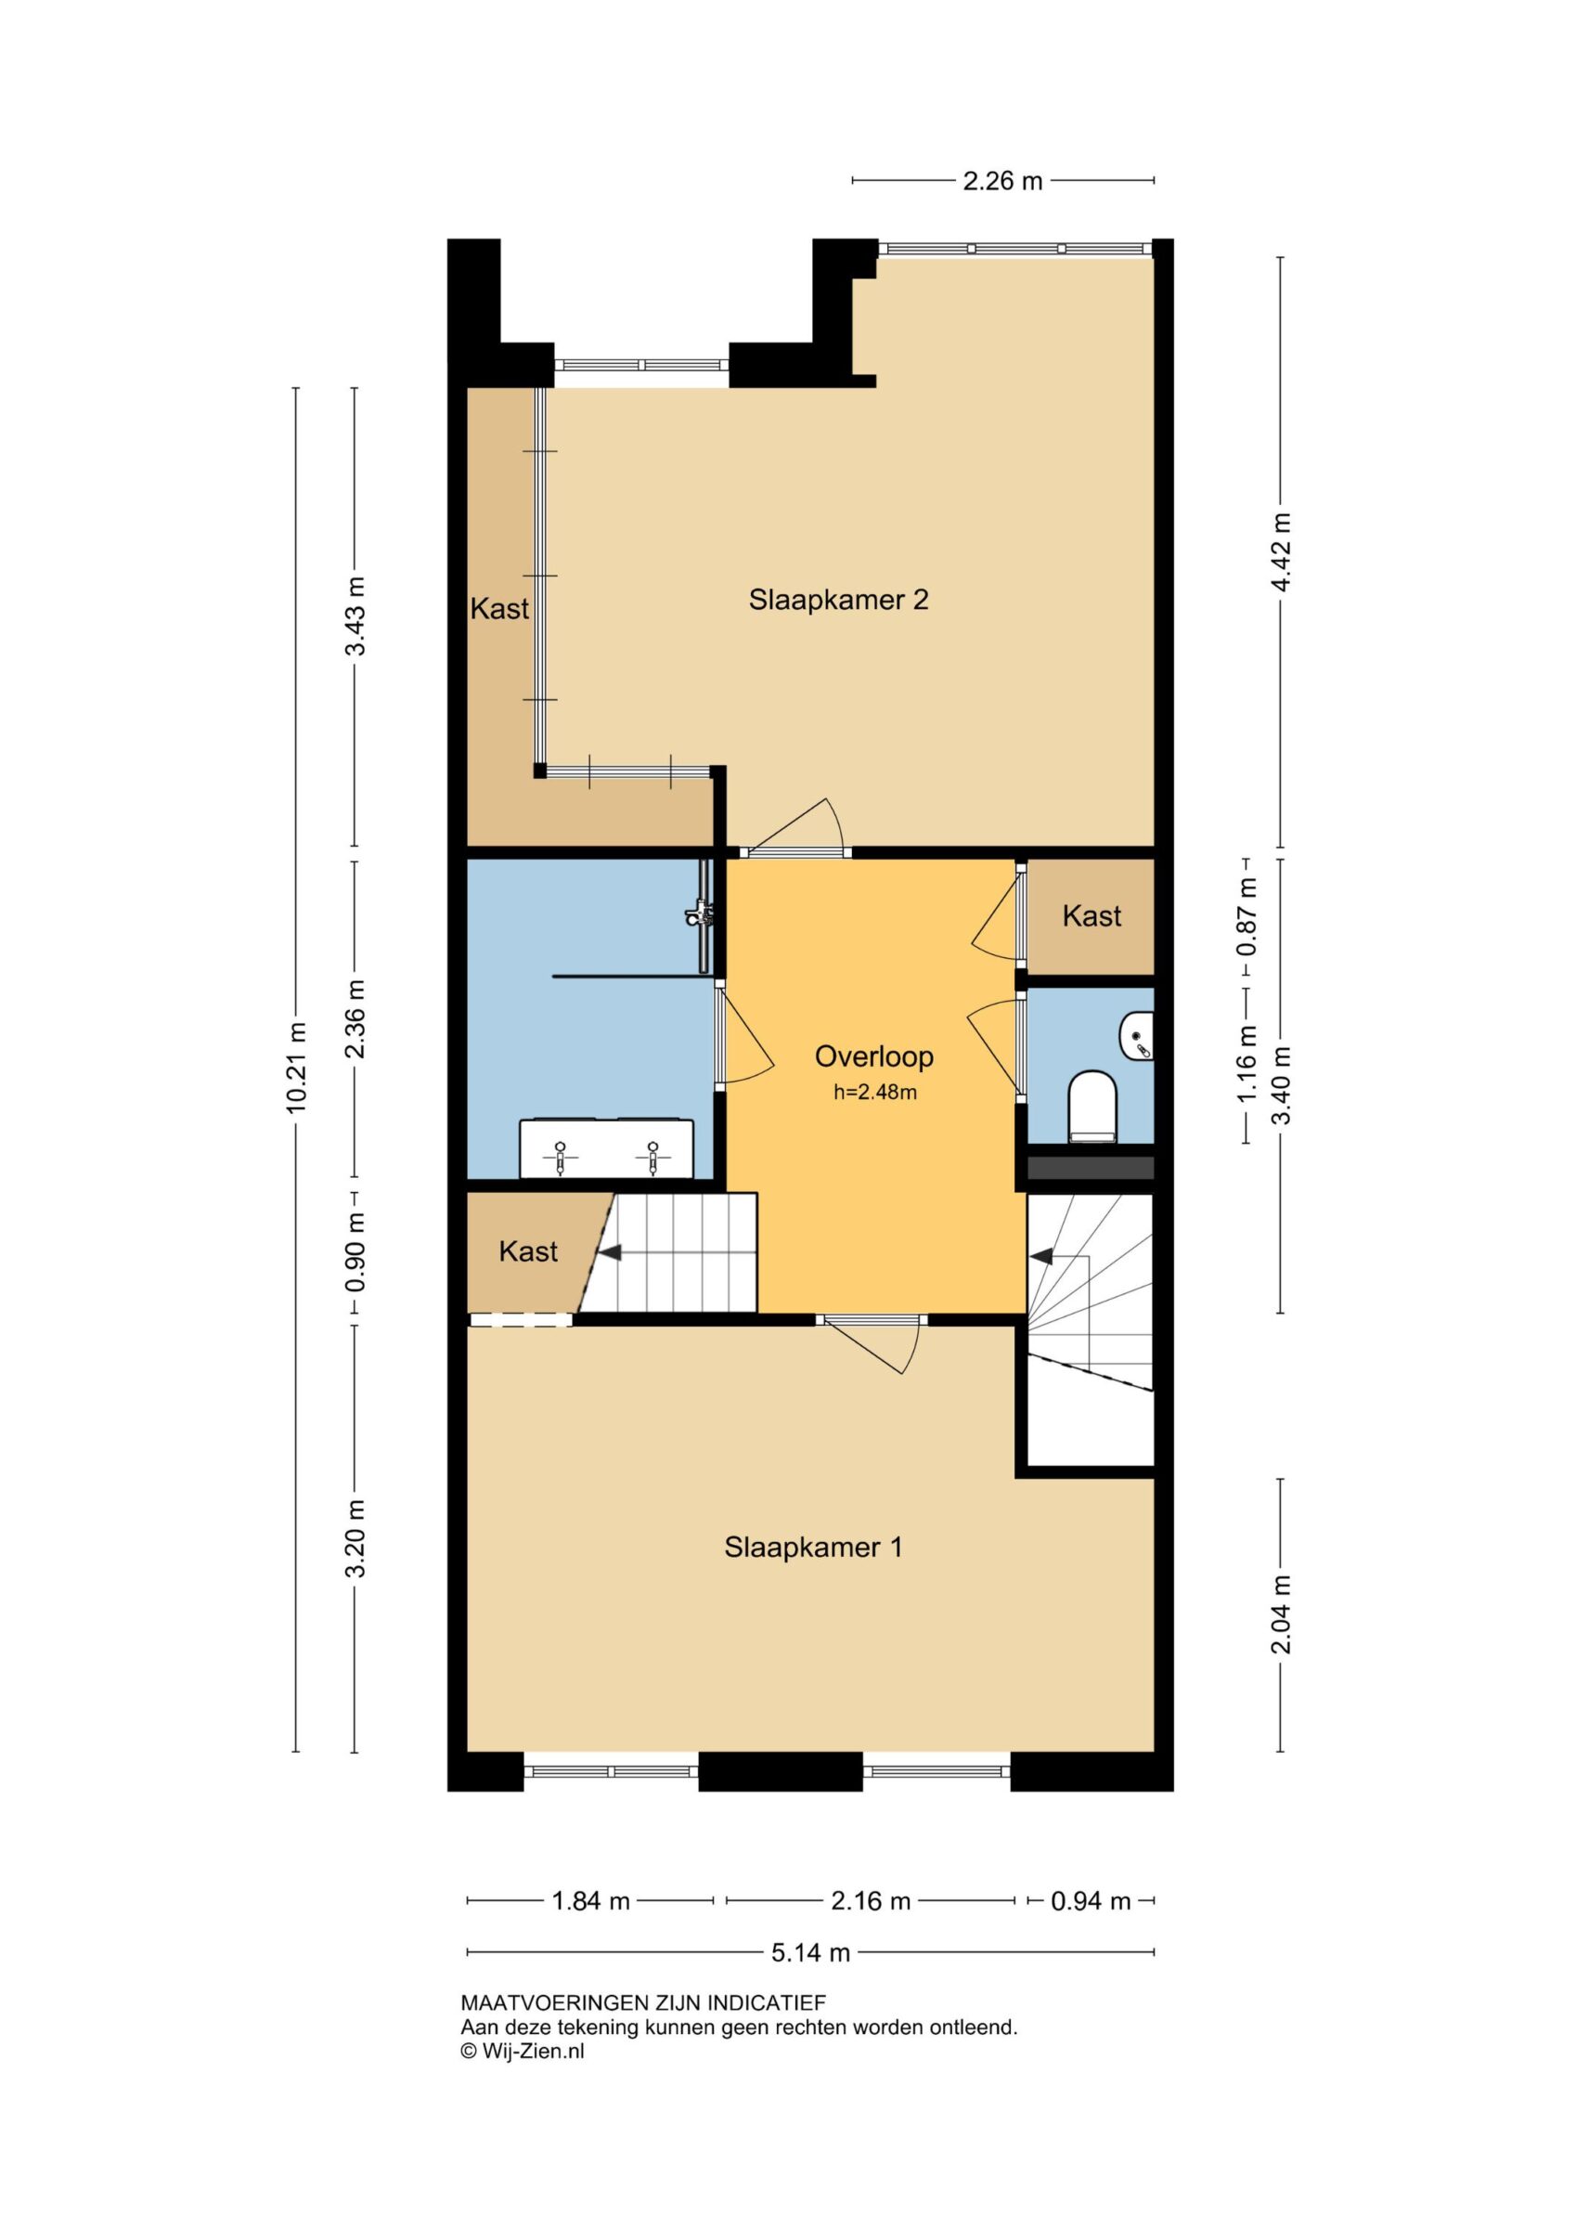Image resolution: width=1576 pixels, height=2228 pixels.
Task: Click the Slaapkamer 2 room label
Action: (838, 600)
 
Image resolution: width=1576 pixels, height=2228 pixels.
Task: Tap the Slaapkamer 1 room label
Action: (813, 1547)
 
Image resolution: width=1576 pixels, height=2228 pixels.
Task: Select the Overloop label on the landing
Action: (873, 1056)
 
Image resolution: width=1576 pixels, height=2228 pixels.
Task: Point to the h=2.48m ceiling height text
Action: (875, 1093)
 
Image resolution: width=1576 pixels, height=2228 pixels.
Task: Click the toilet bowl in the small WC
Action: (1092, 1106)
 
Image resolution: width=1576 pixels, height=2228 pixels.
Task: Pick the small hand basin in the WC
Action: (1137, 1035)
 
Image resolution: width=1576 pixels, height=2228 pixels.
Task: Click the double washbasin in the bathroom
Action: (606, 1149)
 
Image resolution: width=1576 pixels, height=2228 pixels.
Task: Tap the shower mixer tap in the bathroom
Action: (701, 914)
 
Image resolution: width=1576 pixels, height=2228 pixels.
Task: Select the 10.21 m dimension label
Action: (298, 1068)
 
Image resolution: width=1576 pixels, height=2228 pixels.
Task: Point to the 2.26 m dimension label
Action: (1002, 180)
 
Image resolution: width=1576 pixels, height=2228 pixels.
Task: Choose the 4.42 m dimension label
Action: (1282, 551)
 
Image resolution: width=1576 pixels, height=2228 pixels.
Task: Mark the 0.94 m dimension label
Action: (1091, 1901)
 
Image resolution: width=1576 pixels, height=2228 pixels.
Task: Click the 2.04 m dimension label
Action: (1282, 1614)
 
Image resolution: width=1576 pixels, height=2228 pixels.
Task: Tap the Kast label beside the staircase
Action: (528, 1250)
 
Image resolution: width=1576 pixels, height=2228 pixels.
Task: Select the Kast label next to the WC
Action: (1092, 915)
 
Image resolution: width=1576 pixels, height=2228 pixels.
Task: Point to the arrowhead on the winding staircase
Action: (1040, 1257)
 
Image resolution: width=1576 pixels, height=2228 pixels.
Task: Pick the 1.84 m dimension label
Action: (591, 1901)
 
